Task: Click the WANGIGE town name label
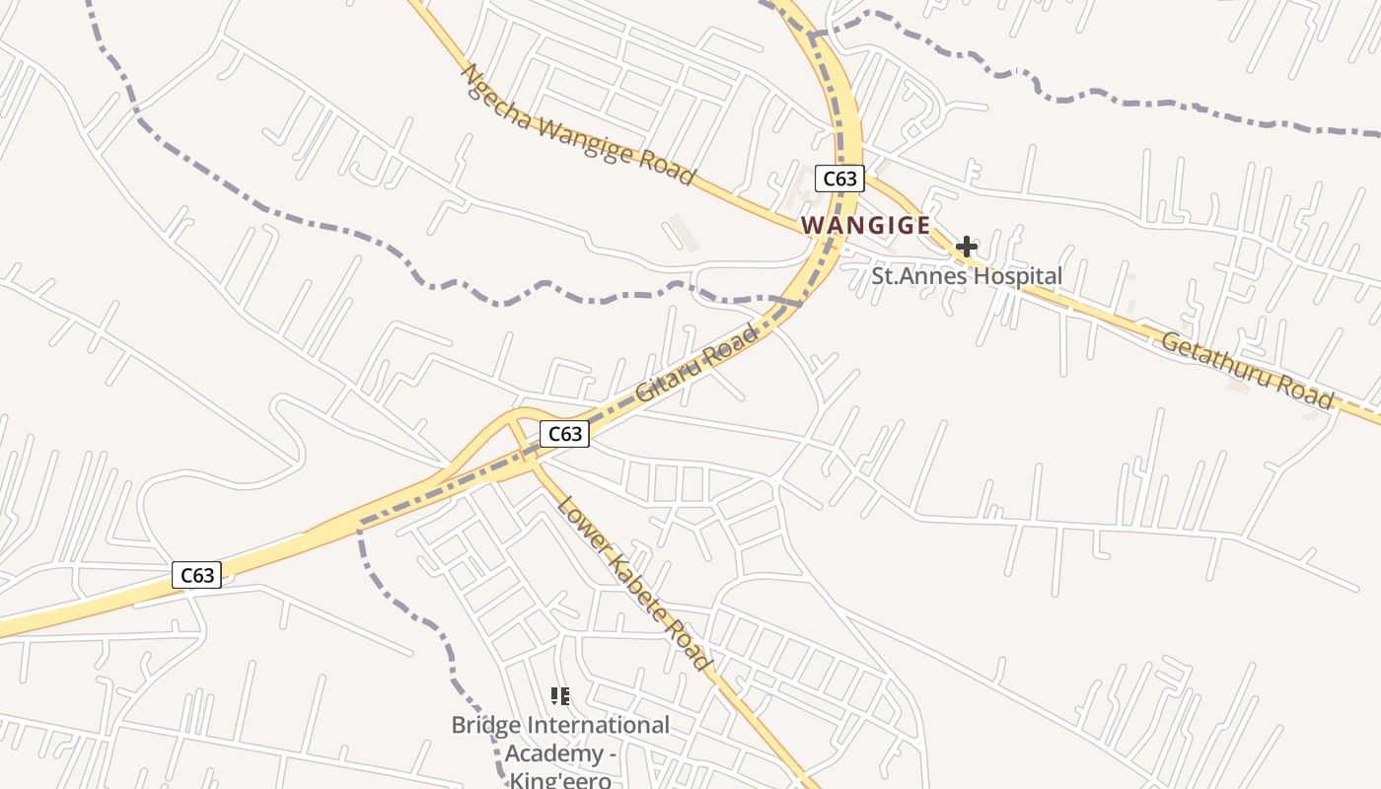click(865, 225)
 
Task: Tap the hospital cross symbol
click(966, 246)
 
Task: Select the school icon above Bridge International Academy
click(560, 696)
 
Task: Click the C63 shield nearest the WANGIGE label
click(839, 179)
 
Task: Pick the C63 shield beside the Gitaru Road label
click(564, 434)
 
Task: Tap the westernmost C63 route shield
click(196, 575)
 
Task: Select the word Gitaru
click(670, 374)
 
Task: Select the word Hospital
click(1013, 276)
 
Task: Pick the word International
click(599, 726)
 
